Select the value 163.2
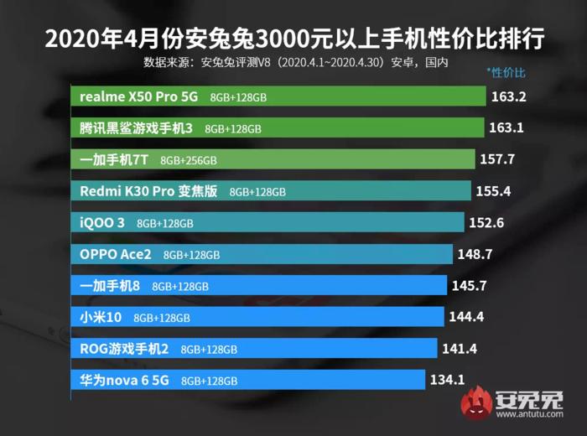508,96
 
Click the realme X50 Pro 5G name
138,96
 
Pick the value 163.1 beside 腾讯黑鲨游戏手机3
506,128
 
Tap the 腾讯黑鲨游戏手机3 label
136,128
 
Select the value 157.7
496,159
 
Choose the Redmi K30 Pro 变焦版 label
148,191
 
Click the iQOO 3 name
102,223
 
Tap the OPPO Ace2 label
116,254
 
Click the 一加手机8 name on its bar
110,286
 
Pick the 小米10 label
101,317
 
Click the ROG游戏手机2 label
124,349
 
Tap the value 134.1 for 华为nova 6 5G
447,380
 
